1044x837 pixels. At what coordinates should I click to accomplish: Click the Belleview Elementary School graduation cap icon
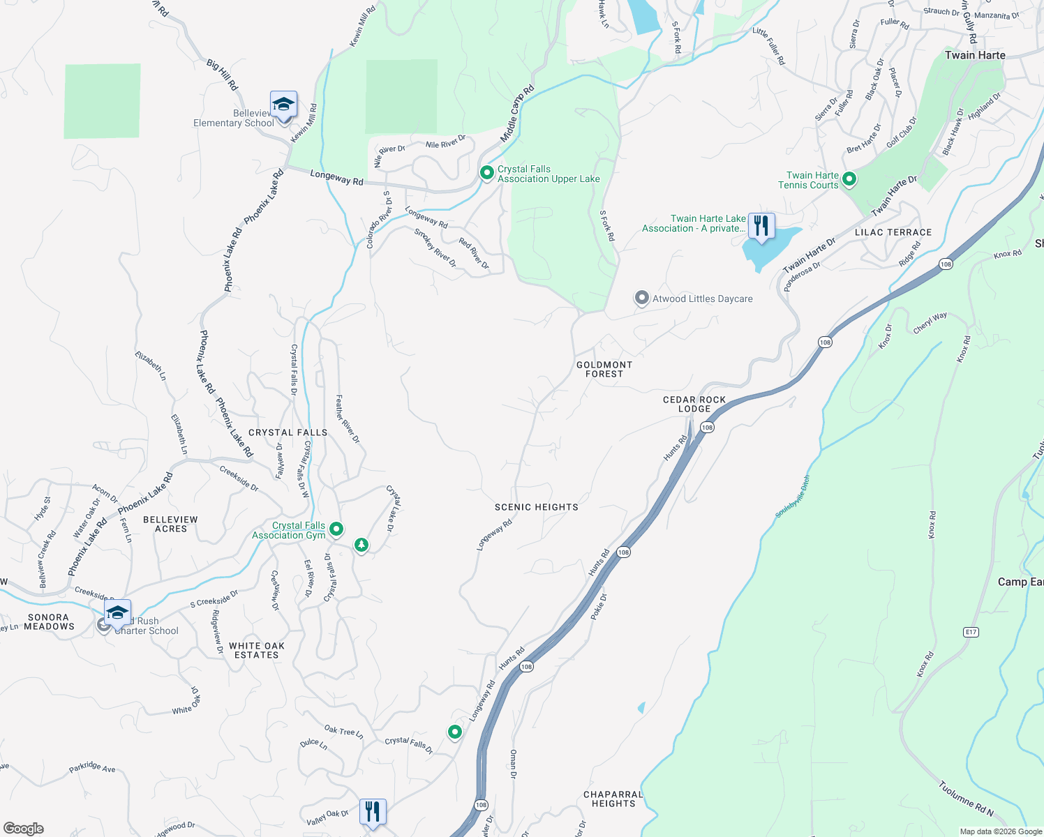pyautogui.click(x=283, y=105)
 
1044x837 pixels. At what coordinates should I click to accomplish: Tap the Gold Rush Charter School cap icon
pyautogui.click(x=117, y=613)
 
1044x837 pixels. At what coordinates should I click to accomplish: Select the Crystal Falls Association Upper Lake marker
pyautogui.click(x=487, y=172)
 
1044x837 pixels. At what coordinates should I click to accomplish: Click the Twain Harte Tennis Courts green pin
pyautogui.click(x=849, y=179)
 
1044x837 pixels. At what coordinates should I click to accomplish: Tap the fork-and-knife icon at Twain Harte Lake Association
pyautogui.click(x=761, y=226)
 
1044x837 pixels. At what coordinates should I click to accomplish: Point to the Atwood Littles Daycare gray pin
pyautogui.click(x=641, y=298)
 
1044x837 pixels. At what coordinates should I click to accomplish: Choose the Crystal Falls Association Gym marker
pyautogui.click(x=336, y=529)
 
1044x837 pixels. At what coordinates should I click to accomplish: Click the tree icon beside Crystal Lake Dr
pyautogui.click(x=361, y=545)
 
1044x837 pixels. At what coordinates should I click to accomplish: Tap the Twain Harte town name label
pyautogui.click(x=975, y=55)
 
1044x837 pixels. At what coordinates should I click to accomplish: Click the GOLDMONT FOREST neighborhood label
pyautogui.click(x=604, y=369)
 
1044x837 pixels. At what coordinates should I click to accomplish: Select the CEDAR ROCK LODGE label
pyautogui.click(x=694, y=404)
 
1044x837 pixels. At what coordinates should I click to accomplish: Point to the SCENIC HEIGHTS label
pyautogui.click(x=537, y=507)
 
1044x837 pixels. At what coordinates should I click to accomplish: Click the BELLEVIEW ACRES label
pyautogui.click(x=171, y=524)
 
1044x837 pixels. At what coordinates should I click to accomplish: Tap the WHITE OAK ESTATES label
pyautogui.click(x=257, y=650)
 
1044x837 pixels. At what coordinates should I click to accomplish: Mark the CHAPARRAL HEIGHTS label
pyautogui.click(x=613, y=799)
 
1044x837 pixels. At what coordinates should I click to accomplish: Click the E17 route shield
pyautogui.click(x=971, y=632)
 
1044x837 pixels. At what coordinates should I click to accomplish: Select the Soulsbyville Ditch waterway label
pyautogui.click(x=793, y=497)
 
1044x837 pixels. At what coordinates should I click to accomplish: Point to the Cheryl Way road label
pyautogui.click(x=930, y=322)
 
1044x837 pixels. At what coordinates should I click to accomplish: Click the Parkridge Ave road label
pyautogui.click(x=92, y=768)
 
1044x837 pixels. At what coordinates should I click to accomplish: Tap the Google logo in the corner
pyautogui.click(x=23, y=828)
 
